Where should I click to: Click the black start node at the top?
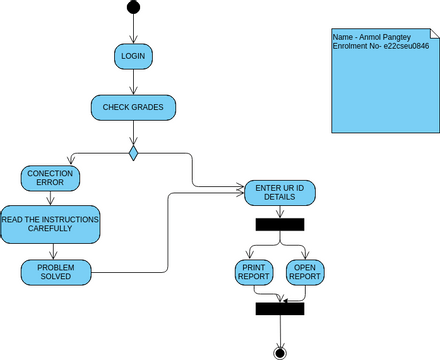tap(133, 9)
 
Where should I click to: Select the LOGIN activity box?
tap(133, 56)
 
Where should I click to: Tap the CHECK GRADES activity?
tap(133, 106)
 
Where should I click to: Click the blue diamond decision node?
tap(133, 153)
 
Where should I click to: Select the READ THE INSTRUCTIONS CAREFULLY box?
tap(50, 224)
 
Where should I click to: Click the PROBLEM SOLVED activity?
tap(56, 272)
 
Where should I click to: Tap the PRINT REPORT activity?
tap(254, 272)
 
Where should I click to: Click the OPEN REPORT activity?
tap(304, 272)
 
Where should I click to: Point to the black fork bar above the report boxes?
tap(279, 224)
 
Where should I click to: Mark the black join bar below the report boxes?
tap(279, 309)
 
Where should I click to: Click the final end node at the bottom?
tap(280, 352)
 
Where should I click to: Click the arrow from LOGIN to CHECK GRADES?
tap(133, 82)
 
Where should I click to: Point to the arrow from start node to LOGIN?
tap(133, 29)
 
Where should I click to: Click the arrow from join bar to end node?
tap(280, 330)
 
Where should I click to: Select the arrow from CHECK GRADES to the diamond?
tap(133, 131)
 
